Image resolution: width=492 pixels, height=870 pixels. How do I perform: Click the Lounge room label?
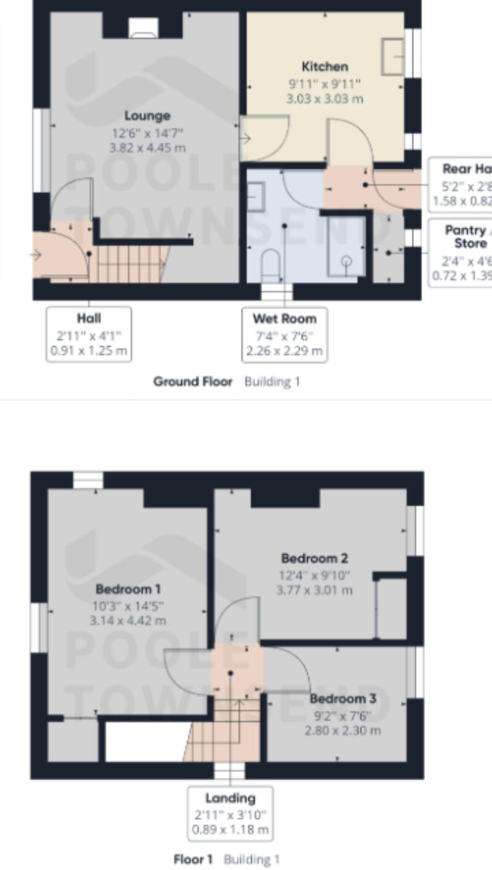pyautogui.click(x=147, y=116)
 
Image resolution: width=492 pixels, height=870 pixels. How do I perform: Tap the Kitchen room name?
pyautogui.click(x=325, y=66)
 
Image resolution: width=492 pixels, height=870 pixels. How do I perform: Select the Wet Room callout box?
pyautogui.click(x=284, y=334)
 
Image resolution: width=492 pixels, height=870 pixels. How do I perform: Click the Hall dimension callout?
pyautogui.click(x=89, y=334)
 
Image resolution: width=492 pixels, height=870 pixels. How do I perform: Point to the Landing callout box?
pyautogui.click(x=230, y=814)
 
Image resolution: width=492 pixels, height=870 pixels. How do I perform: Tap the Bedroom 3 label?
pyautogui.click(x=343, y=699)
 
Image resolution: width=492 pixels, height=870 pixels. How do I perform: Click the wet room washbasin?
pyautogui.click(x=256, y=197)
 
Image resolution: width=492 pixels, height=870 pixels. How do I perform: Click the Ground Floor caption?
pyautogui.click(x=193, y=381)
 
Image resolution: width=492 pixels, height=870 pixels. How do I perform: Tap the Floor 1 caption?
pyautogui.click(x=193, y=859)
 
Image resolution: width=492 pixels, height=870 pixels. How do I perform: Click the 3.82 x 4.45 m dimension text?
pyautogui.click(x=147, y=148)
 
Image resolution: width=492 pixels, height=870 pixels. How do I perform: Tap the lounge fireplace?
pyautogui.click(x=143, y=27)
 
